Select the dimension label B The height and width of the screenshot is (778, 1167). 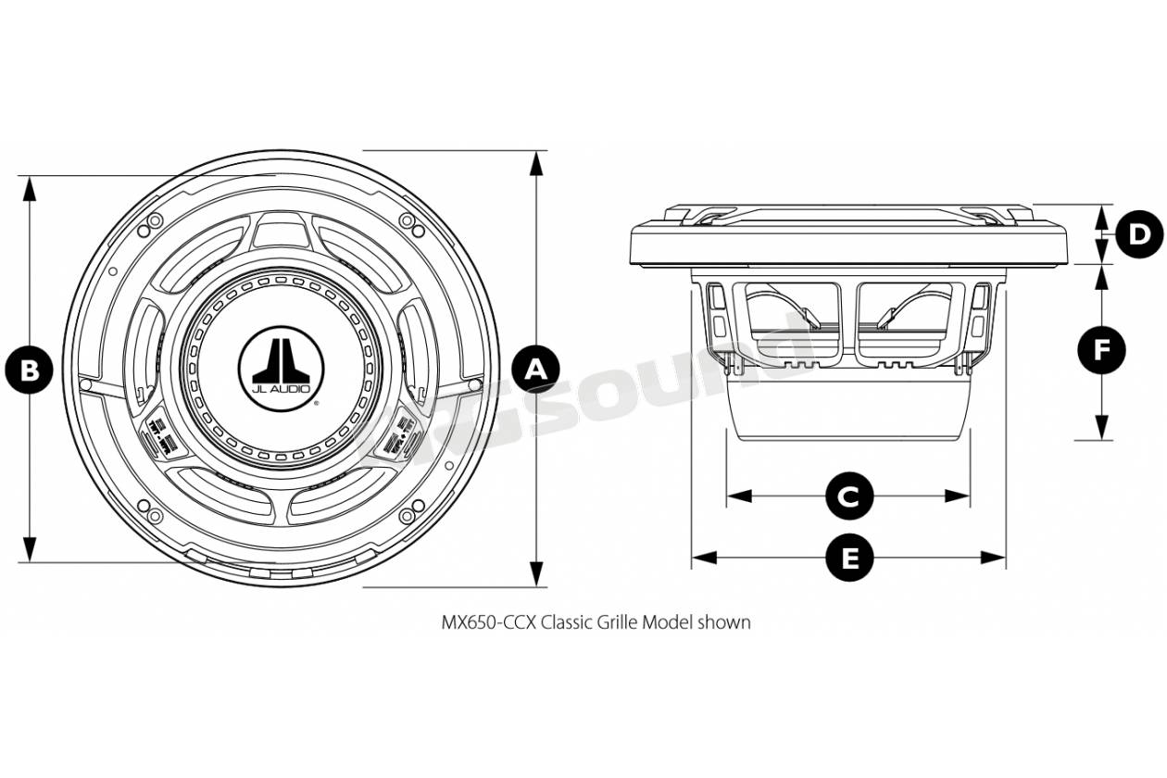30,370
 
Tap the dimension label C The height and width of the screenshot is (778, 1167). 848,496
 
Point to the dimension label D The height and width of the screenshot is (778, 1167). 1138,233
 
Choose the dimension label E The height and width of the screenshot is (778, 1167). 848,558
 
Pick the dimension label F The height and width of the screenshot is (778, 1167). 1102,351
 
